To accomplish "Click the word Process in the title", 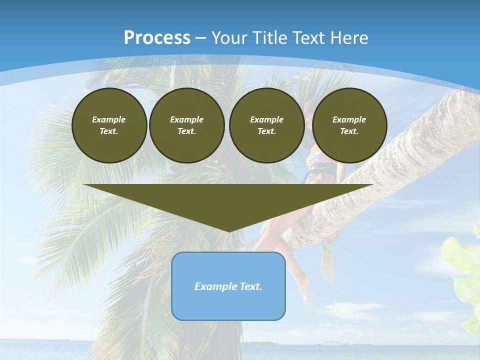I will click(157, 38).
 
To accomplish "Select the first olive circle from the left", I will click(109, 125).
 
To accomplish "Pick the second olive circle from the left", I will click(187, 125).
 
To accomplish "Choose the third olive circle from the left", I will click(267, 125).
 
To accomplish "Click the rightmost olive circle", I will click(349, 125).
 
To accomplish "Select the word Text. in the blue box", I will click(250, 286).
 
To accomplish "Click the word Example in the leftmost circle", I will click(109, 119).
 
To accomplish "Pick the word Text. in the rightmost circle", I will click(349, 131).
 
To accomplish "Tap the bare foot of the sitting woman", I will click(303, 290).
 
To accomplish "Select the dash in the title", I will click(201, 38).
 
